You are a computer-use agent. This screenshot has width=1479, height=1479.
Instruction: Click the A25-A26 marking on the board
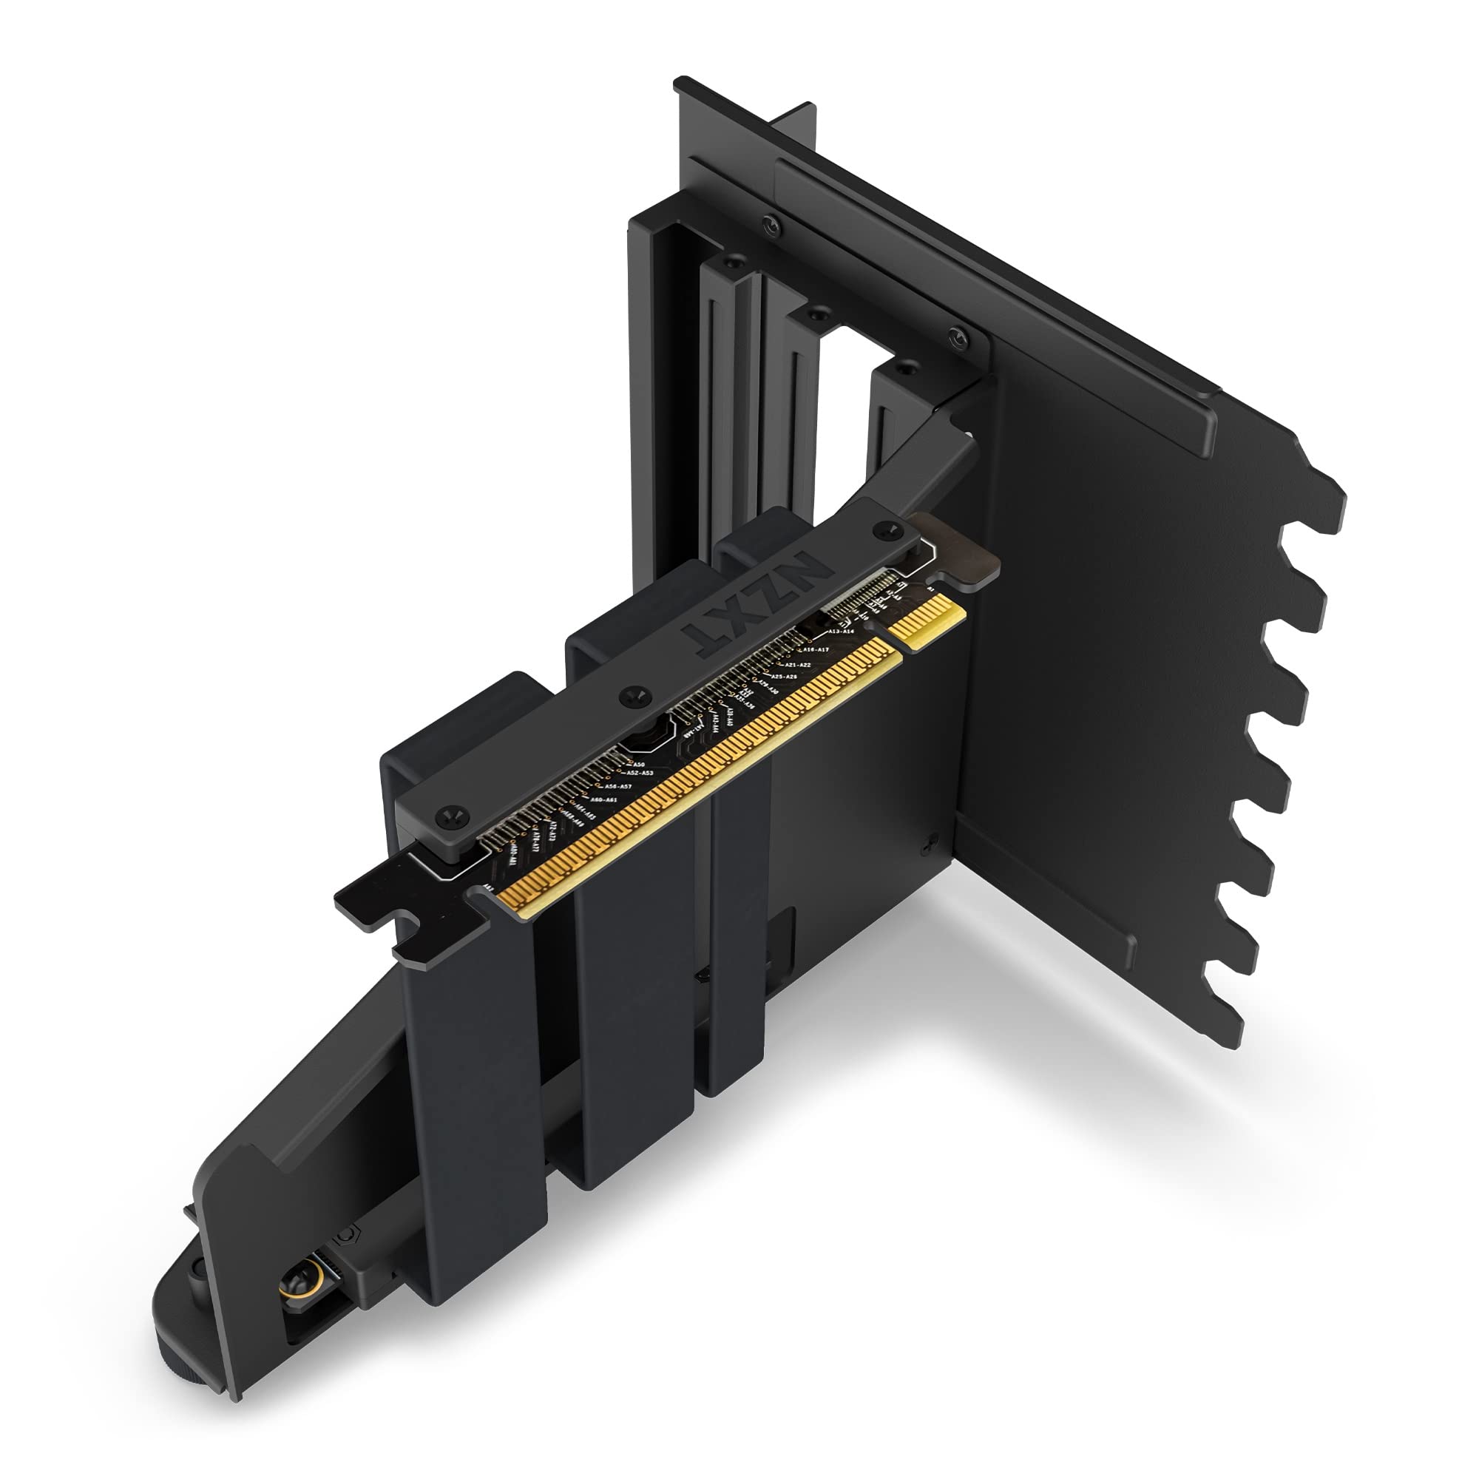(784, 677)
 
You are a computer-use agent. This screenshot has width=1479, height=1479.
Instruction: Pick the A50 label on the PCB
(638, 765)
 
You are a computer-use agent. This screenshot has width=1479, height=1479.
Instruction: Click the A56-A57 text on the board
(617, 787)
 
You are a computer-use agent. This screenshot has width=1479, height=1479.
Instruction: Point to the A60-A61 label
(604, 800)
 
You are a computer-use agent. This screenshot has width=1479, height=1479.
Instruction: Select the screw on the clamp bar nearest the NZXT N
(887, 527)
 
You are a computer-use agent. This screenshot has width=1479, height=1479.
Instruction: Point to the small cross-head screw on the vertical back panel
(930, 841)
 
